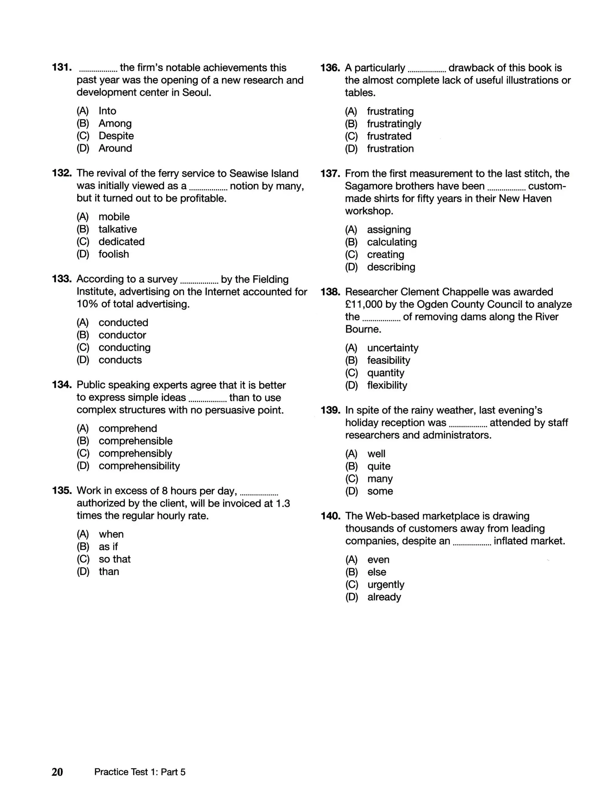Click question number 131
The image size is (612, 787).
[62, 67]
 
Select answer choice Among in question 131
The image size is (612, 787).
[115, 123]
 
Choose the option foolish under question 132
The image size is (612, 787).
[114, 254]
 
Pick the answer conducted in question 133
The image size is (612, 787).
[123, 323]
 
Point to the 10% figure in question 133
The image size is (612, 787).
[87, 304]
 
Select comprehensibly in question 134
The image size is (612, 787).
[135, 453]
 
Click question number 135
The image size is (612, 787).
[62, 490]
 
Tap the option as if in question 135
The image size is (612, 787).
[108, 547]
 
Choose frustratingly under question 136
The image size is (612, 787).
[394, 124]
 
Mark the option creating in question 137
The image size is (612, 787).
[385, 254]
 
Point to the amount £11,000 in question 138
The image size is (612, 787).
[363, 304]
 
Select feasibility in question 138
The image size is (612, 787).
[388, 360]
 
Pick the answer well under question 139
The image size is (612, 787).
[376, 454]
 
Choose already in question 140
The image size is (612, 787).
[384, 597]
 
